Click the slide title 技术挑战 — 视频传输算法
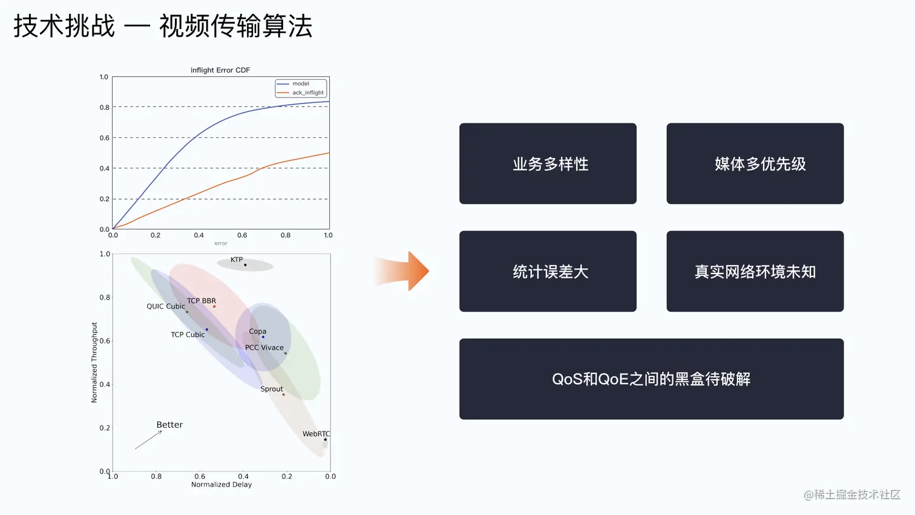tap(163, 27)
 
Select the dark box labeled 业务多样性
tap(548, 163)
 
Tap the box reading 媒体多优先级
tap(755, 163)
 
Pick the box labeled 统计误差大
tap(548, 271)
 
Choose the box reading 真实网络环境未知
tap(755, 271)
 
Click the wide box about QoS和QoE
tap(651, 379)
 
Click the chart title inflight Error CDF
tap(220, 70)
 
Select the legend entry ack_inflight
tap(307, 93)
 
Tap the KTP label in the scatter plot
tap(237, 260)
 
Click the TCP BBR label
tap(201, 301)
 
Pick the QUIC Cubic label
tap(165, 306)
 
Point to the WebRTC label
tap(316, 434)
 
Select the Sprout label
tap(272, 389)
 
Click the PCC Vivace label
tap(264, 347)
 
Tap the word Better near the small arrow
tap(169, 425)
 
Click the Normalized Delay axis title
tap(221, 485)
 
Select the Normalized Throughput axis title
tap(94, 362)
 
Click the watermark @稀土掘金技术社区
tap(852, 494)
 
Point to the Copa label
tap(257, 331)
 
